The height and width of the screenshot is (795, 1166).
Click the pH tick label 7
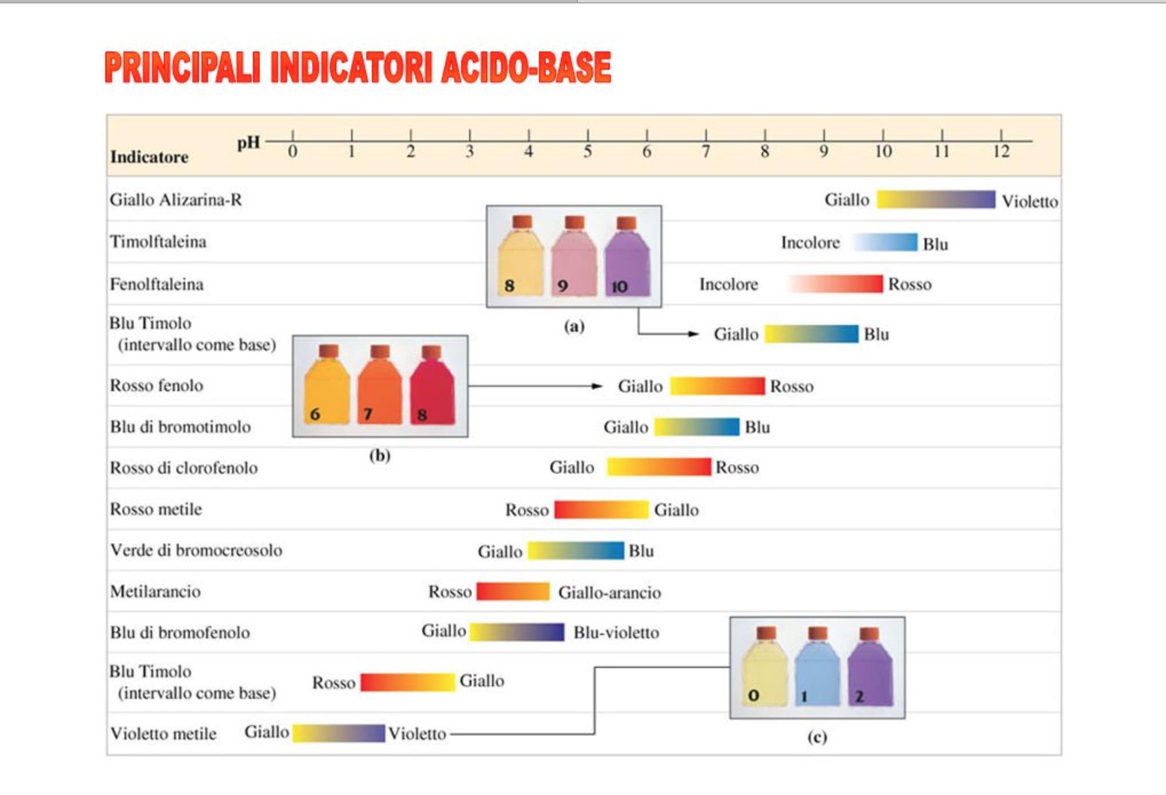706,152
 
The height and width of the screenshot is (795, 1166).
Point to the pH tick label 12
1001,152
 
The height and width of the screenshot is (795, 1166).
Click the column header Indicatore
149,157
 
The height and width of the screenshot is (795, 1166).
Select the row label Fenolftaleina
157,284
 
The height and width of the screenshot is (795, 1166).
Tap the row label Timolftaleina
158,242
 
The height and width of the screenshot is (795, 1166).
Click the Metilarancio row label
156,591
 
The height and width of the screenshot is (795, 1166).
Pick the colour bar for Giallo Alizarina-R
936,200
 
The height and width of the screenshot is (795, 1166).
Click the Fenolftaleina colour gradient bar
835,284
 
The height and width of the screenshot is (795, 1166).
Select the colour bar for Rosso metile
601,509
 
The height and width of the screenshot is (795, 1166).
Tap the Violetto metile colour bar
339,733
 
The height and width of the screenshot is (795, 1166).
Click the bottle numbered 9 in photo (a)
574,257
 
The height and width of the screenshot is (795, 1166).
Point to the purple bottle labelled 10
627,257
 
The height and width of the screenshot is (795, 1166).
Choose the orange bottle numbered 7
379,386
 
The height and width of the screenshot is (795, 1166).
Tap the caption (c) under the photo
817,737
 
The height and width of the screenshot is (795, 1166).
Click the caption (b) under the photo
380,456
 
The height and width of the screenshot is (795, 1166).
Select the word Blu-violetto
616,633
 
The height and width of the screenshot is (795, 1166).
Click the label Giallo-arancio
609,593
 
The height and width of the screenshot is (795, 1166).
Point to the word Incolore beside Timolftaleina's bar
810,243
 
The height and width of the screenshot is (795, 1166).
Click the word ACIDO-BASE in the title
526,68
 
